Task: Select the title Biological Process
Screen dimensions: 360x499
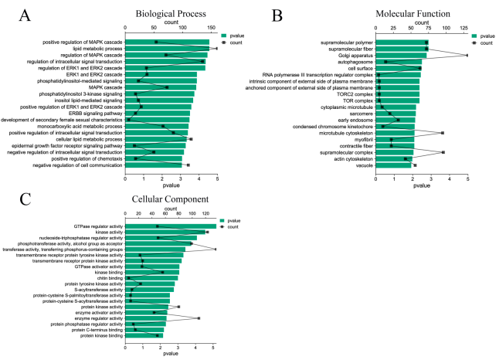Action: click(x=171, y=15)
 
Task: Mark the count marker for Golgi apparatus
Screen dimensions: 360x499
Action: click(x=467, y=56)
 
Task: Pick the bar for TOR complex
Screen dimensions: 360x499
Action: click(x=397, y=100)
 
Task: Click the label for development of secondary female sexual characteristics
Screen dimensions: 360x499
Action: click(x=62, y=121)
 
